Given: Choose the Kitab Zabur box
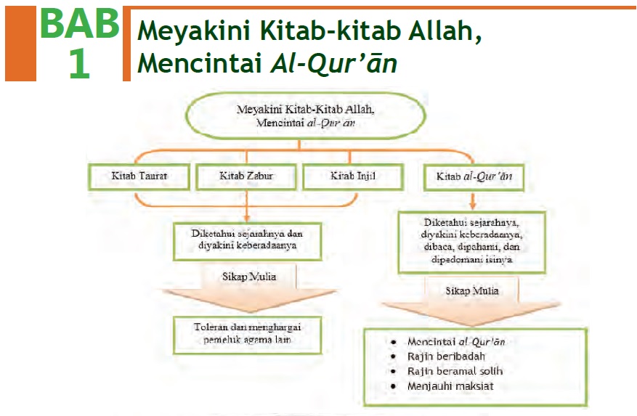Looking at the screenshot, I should coord(248,176).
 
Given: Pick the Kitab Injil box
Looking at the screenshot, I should coord(351,176).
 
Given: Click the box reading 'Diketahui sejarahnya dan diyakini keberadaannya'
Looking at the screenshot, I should coord(247,239).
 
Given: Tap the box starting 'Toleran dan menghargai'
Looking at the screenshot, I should coord(248,334).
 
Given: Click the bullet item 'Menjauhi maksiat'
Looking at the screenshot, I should coord(450,386).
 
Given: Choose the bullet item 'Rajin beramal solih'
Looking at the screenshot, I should coord(455,371).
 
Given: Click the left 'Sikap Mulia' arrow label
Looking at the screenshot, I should coord(248,277).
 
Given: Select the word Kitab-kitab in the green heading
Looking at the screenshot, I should coord(320,32).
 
